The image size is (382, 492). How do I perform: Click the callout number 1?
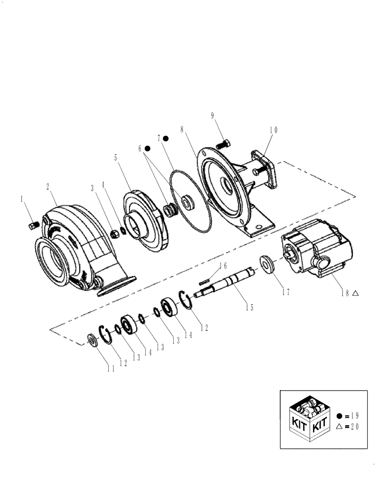[x=22, y=199]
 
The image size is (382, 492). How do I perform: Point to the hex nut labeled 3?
[x=114, y=234]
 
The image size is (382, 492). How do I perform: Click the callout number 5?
[x=116, y=158]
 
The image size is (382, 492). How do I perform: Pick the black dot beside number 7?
[x=166, y=138]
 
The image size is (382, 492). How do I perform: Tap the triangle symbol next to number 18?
[x=355, y=293]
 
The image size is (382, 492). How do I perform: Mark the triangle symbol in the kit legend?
[x=339, y=427]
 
